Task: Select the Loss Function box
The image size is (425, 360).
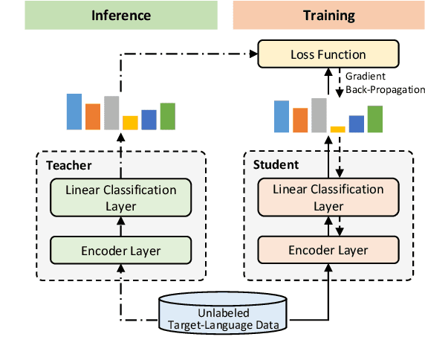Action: (328, 54)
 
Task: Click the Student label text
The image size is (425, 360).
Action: (276, 164)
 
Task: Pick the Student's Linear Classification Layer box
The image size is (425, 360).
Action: (328, 197)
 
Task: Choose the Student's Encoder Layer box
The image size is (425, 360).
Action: (328, 251)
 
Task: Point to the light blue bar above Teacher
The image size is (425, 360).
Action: (74, 112)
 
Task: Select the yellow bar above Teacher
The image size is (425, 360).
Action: (131, 123)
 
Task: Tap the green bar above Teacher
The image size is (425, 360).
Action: (168, 116)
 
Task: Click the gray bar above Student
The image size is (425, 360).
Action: (319, 115)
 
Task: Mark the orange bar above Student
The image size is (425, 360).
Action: (300, 120)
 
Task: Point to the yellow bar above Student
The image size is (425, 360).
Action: (338, 129)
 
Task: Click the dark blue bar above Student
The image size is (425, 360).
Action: (357, 123)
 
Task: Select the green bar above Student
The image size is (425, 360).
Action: (375, 119)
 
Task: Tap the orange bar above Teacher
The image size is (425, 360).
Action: (93, 117)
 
